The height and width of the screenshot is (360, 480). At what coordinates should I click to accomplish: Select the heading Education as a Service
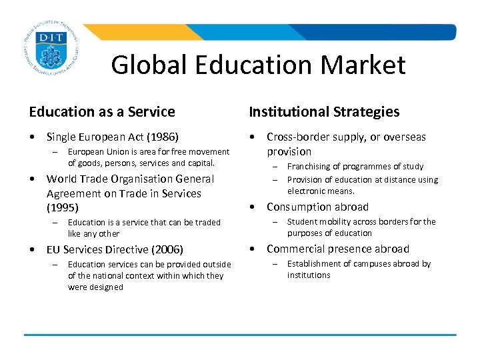(102, 112)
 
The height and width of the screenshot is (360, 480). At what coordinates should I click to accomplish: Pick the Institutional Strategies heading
(324, 112)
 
